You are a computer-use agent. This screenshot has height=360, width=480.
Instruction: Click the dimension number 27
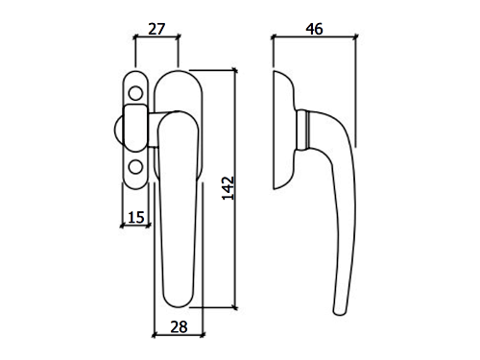click(156, 29)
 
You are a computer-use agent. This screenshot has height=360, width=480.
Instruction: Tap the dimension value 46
click(314, 29)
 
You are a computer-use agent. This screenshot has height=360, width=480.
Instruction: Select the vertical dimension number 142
click(228, 188)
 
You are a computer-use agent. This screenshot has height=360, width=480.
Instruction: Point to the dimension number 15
click(136, 217)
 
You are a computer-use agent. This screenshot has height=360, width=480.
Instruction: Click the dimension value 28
click(179, 327)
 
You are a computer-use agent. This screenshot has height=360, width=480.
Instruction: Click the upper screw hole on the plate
click(135, 93)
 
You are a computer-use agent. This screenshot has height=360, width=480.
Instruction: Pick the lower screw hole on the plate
click(135, 167)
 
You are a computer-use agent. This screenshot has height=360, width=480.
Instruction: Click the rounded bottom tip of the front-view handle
click(179, 302)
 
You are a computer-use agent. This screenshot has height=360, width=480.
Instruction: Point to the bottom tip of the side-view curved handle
click(340, 312)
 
